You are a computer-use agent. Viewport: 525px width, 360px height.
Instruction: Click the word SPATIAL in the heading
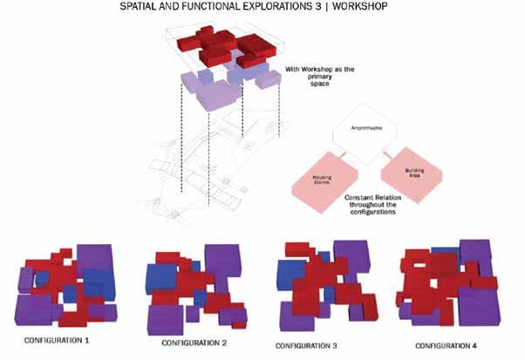[147, 8]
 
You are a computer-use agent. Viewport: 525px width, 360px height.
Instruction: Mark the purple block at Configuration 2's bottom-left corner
[167, 315]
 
